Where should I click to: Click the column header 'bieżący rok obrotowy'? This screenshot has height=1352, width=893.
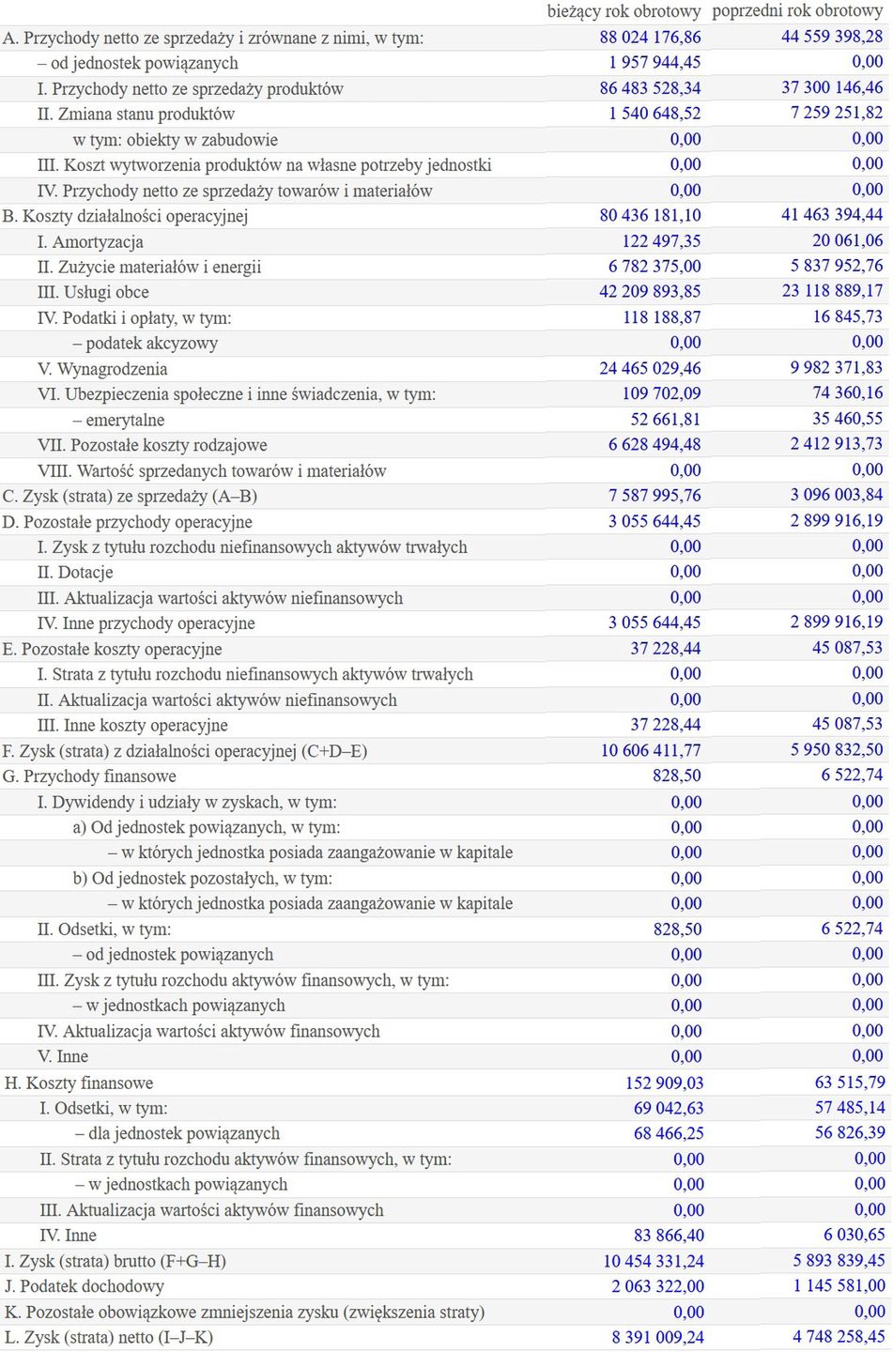624,11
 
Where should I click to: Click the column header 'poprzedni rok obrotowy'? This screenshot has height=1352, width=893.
797,11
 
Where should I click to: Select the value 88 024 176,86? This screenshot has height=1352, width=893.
650,38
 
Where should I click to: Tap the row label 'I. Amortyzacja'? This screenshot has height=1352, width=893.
90,241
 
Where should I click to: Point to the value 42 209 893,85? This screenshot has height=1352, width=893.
650,292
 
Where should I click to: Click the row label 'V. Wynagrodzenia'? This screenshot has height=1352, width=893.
102,369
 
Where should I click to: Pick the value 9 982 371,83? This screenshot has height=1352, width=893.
836,368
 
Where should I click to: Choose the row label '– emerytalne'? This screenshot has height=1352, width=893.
118,420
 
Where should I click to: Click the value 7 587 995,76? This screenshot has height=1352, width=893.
654,496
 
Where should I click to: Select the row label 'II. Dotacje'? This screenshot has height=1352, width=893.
75,573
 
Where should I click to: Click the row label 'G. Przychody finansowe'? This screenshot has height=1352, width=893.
89,776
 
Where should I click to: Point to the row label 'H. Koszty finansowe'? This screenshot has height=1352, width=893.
79,1083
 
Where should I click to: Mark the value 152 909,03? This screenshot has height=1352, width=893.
664,1083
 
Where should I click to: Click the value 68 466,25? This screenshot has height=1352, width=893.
669,1134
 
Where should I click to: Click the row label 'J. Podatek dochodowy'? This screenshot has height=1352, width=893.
85,1286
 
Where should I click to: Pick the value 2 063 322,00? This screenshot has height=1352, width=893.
657,1286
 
